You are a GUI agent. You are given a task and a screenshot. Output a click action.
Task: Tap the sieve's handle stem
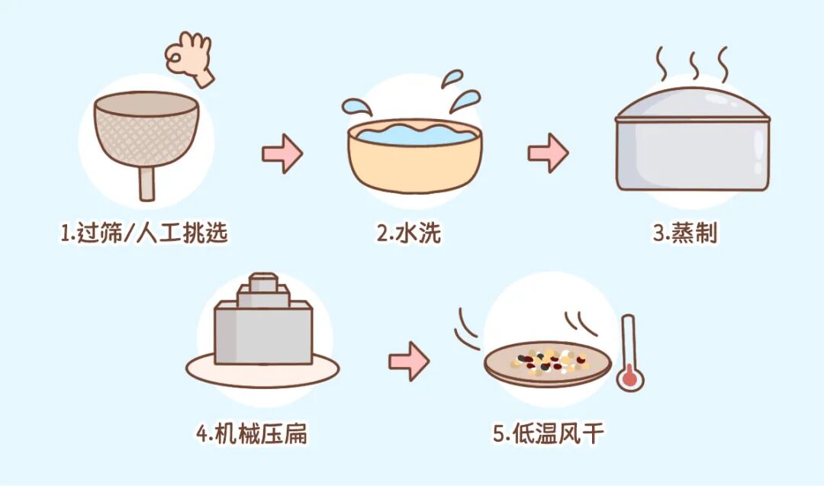[x=145, y=184]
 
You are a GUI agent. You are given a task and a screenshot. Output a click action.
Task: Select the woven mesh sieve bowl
[x=145, y=134]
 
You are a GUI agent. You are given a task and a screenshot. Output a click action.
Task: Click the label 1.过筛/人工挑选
[x=144, y=233]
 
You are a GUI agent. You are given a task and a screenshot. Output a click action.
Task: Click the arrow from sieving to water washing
[x=282, y=154]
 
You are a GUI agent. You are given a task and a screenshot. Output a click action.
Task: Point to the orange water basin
[x=415, y=160]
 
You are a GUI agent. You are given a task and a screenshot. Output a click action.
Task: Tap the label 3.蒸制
[x=685, y=233]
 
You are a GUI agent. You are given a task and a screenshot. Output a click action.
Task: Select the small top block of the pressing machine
[x=262, y=281]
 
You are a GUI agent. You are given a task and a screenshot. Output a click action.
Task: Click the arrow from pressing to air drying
[x=409, y=362]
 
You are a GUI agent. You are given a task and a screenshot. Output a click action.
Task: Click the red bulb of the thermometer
[x=629, y=377]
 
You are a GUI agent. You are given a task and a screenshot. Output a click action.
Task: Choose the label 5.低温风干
[x=549, y=435]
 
